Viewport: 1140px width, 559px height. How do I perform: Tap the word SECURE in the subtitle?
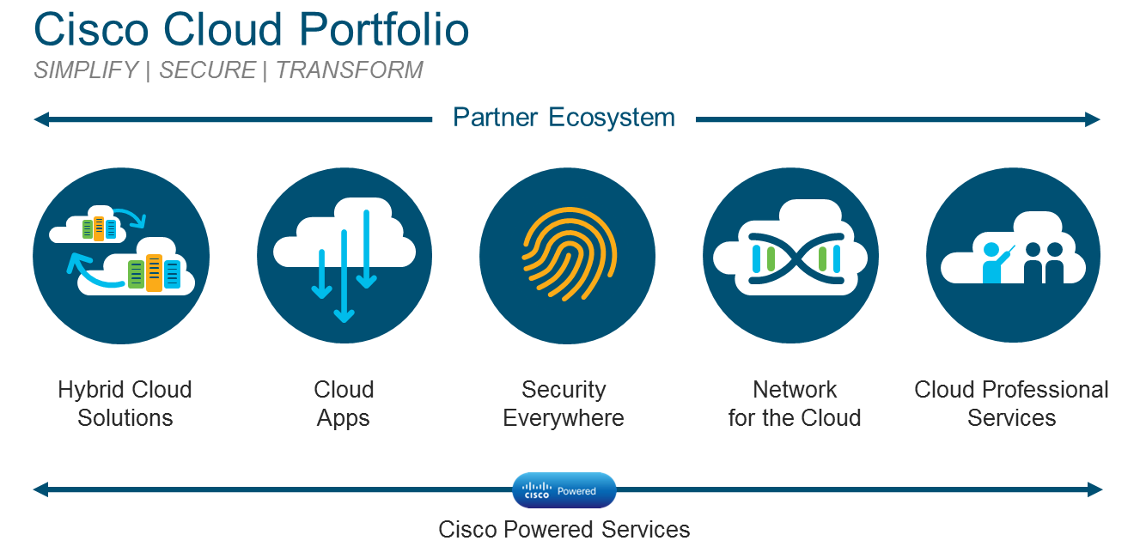[207, 70]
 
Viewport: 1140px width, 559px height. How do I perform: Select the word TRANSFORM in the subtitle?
[350, 70]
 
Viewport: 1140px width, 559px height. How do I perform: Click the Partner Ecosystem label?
[564, 118]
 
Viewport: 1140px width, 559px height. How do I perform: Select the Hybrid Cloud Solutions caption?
[125, 404]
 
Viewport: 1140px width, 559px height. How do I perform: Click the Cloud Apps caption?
[344, 404]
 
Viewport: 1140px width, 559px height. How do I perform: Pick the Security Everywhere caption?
[564, 404]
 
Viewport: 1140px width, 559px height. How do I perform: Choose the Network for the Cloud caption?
[794, 404]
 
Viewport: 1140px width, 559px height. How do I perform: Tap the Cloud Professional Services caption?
[1011, 404]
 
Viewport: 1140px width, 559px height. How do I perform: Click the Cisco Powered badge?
[564, 490]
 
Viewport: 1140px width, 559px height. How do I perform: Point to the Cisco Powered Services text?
[564, 529]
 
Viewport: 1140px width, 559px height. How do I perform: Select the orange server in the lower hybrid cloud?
[154, 273]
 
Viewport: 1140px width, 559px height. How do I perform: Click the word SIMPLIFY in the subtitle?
[86, 70]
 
